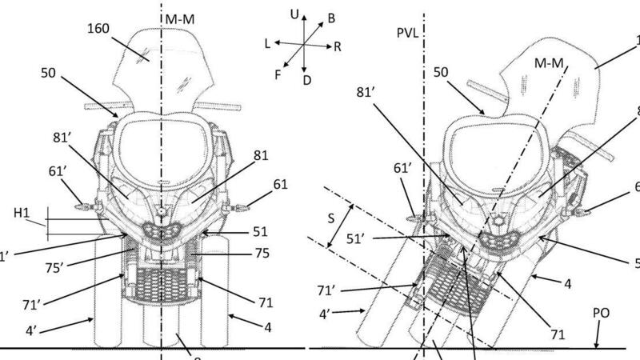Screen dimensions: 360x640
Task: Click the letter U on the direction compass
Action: [x=295, y=14]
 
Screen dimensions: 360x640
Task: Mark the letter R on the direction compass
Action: [x=338, y=47]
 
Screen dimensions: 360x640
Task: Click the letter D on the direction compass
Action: [x=307, y=80]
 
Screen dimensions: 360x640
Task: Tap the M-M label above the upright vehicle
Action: [x=178, y=17]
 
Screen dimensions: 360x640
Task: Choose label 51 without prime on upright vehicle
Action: [x=259, y=232]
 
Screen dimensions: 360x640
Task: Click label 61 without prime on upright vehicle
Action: [x=278, y=185]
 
